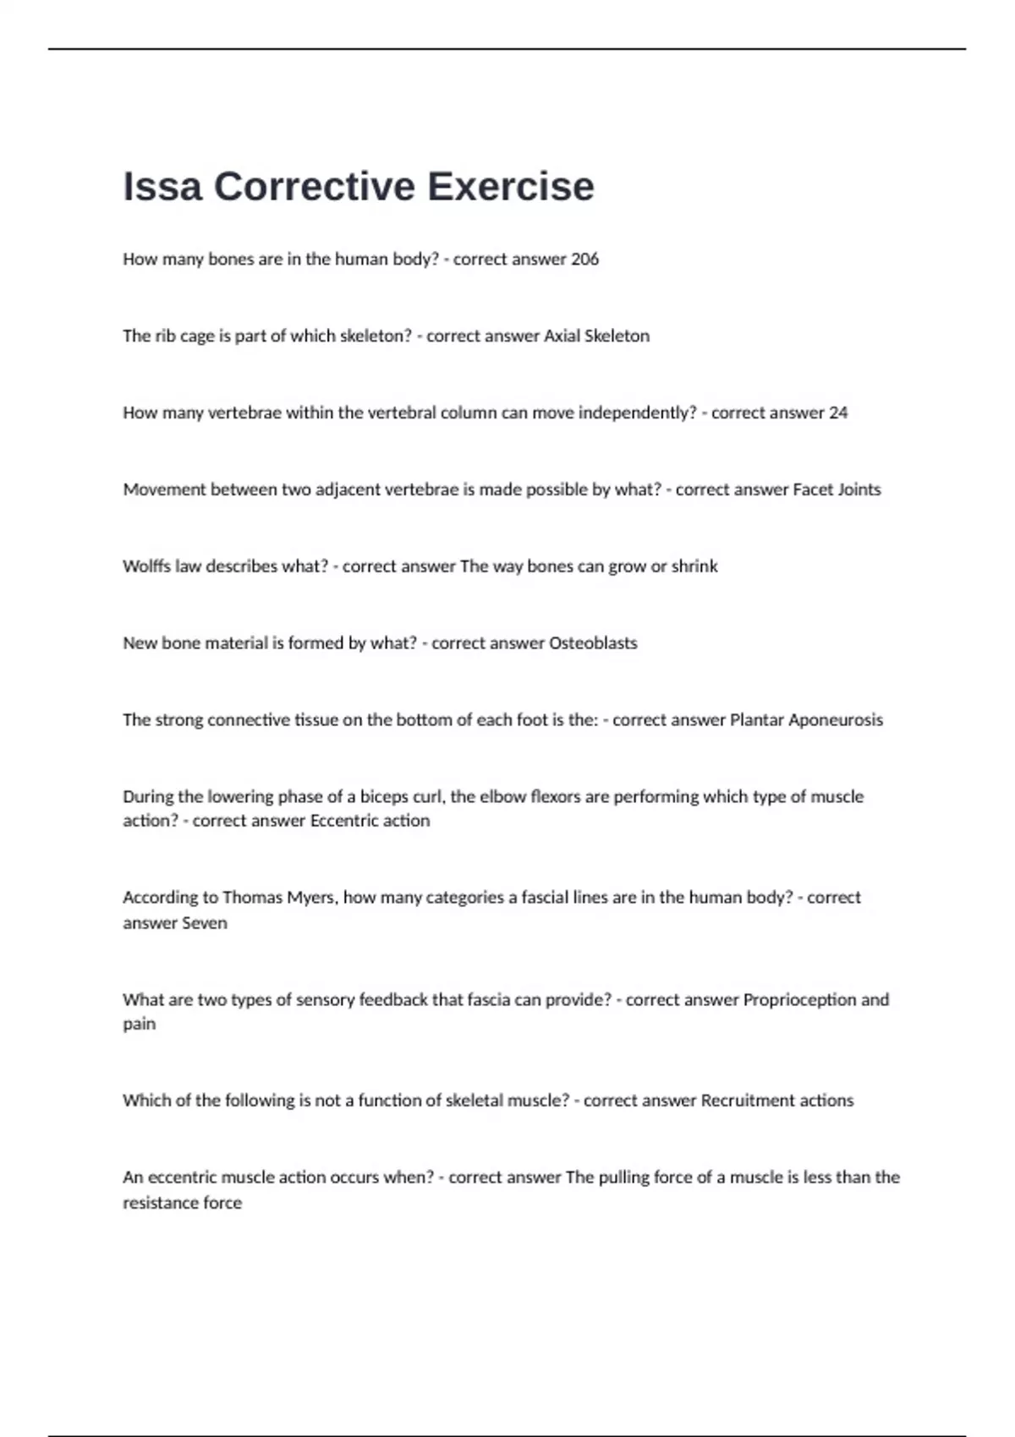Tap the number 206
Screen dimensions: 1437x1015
tap(584, 260)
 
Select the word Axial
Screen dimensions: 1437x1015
tap(562, 336)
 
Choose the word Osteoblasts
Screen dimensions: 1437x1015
tap(593, 643)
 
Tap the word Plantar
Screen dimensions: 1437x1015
tap(756, 720)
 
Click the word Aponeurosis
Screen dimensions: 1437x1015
tap(836, 720)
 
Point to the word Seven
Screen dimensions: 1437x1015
tap(205, 923)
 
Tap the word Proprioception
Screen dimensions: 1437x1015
tap(799, 1000)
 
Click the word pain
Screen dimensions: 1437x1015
tap(139, 1024)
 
